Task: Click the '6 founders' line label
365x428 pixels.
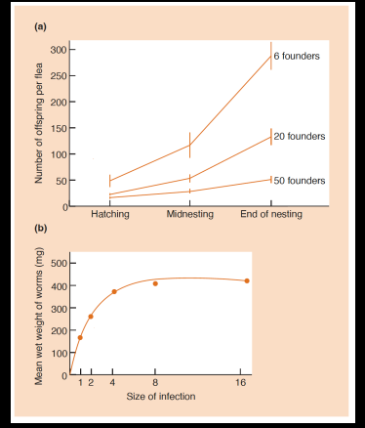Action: tap(296, 56)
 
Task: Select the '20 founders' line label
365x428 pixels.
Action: tap(298, 135)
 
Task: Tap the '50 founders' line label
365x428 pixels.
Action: tap(298, 180)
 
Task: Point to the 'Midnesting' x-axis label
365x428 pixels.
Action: tap(190, 214)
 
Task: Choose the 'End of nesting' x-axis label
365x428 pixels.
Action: tap(270, 214)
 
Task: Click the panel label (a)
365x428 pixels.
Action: tap(40, 26)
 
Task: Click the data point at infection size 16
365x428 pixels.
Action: tap(247, 280)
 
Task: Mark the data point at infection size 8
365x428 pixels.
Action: tap(155, 283)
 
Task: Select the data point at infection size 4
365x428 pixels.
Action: tap(114, 291)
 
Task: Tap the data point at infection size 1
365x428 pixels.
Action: tap(80, 337)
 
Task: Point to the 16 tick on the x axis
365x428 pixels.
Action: tap(242, 384)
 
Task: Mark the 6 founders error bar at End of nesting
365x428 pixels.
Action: tap(271, 56)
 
